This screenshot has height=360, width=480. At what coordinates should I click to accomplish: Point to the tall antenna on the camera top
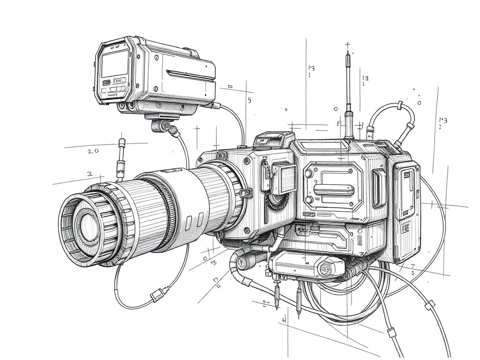click(348, 94)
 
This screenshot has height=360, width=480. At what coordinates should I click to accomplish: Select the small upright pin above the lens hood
click(121, 159)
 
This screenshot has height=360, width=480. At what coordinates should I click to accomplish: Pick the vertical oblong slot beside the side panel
click(378, 187)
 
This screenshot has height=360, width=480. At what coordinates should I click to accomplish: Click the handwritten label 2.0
click(93, 151)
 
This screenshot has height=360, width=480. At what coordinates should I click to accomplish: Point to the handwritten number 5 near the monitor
click(249, 100)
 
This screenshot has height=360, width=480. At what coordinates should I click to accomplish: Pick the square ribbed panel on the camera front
click(284, 178)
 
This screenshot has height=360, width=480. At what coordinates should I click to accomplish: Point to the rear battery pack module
click(406, 211)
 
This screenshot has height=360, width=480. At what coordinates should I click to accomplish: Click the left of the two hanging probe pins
click(277, 295)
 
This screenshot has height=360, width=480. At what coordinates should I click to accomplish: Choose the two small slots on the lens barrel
click(194, 220)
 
